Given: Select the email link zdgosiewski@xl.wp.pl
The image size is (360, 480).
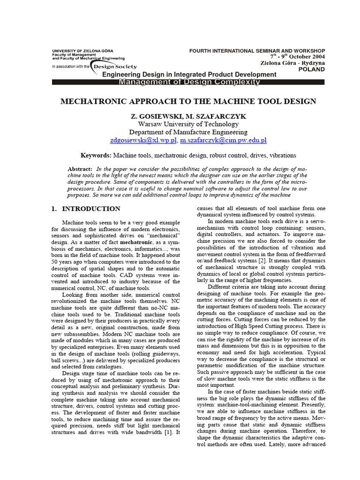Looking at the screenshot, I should [x=143, y=140].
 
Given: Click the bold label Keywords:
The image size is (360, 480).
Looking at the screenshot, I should [x=96, y=155].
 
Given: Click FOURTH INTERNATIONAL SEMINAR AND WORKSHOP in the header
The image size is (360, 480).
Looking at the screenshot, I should [x=256, y=51].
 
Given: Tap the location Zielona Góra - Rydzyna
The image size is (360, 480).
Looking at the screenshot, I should [x=292, y=63].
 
